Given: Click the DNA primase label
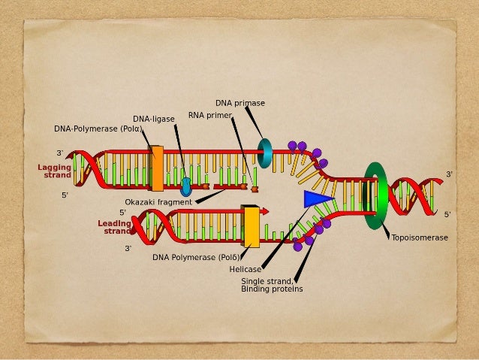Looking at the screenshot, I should click(x=240, y=103).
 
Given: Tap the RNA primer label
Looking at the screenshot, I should click(x=209, y=116).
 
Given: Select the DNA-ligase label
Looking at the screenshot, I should click(x=154, y=119).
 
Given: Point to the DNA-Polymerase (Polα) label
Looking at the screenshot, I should click(x=98, y=129).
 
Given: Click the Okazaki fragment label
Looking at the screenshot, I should click(x=158, y=202).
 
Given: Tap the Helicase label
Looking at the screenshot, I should click(x=246, y=269).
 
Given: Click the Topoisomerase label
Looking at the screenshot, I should click(x=420, y=237).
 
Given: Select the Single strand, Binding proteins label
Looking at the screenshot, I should click(x=272, y=285).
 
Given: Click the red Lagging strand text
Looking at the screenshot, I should click(x=55, y=171).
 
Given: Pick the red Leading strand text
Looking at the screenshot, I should click(x=115, y=227).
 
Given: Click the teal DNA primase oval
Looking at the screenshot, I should click(x=265, y=153).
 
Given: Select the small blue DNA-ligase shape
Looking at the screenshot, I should click(x=185, y=186).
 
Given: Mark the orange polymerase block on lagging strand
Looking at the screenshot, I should click(x=157, y=168).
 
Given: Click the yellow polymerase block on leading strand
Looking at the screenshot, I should click(x=251, y=226).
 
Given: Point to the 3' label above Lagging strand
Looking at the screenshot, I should click(x=59, y=153).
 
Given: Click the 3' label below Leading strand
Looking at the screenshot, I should click(x=128, y=248).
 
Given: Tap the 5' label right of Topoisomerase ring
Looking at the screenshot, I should click(x=447, y=214).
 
